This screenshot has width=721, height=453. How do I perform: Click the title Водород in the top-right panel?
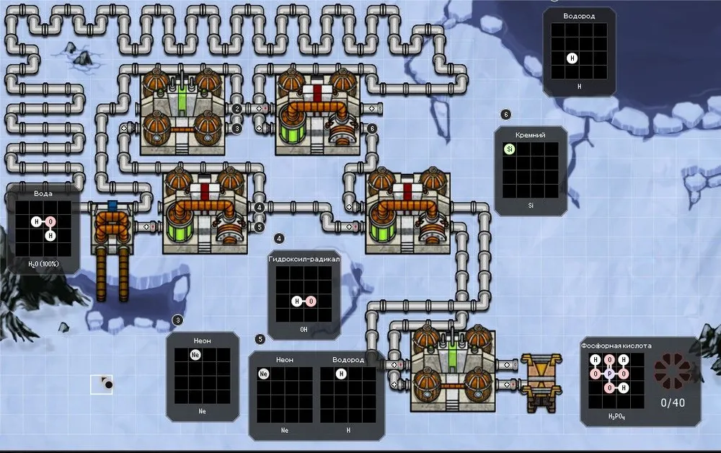(578, 16)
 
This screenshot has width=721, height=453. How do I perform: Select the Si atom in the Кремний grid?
(510, 149)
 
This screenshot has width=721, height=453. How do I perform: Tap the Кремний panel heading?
(530, 135)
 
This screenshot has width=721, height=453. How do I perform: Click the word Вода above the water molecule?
(43, 194)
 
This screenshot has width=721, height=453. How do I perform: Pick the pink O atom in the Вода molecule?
(50, 221)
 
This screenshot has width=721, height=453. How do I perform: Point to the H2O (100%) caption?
(43, 265)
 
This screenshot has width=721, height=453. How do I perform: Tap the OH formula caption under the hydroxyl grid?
(304, 329)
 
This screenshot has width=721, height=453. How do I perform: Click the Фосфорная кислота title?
(616, 346)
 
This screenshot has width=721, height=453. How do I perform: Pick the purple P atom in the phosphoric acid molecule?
(609, 374)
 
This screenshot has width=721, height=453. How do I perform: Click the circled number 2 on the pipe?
(236, 109)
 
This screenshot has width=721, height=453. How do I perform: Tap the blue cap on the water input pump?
(112, 206)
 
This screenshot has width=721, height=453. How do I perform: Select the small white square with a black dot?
(101, 384)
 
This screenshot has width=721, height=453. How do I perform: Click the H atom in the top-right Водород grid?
(572, 58)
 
